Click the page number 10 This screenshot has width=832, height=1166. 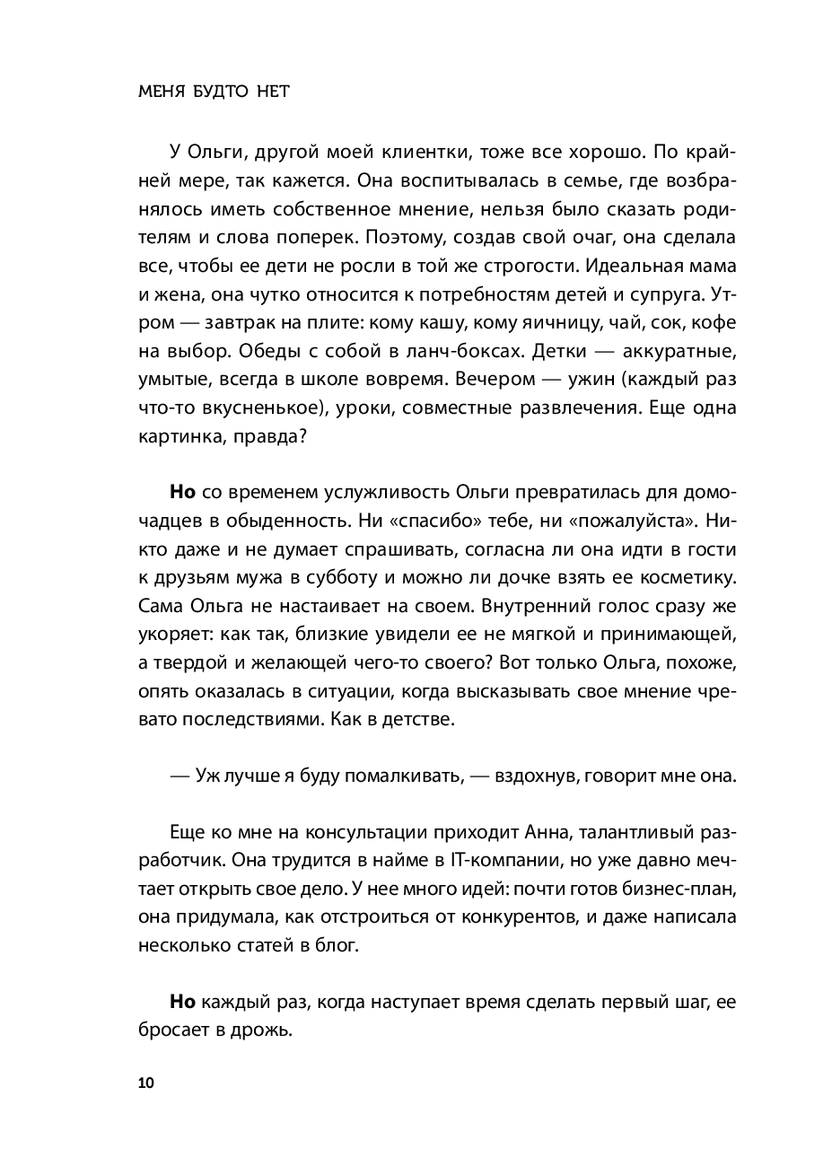click(x=146, y=1083)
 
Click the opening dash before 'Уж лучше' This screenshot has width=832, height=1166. click(x=179, y=776)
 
